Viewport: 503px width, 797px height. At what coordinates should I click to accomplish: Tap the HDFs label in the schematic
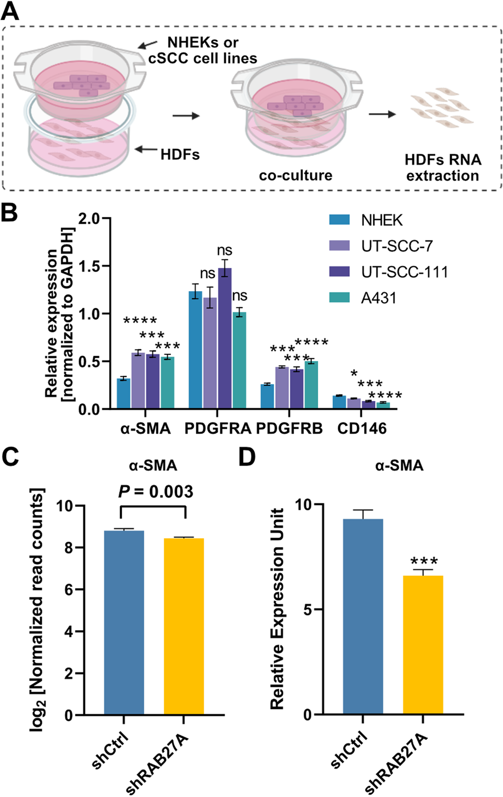point(180,155)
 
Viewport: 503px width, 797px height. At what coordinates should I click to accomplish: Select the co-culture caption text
point(295,175)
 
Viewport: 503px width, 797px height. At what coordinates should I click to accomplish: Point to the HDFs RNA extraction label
point(443,167)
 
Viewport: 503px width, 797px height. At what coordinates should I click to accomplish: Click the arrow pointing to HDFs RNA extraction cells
point(382,114)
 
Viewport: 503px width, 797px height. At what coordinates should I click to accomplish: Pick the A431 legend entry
point(379,298)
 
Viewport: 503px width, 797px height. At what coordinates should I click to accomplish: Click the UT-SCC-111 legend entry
point(405,272)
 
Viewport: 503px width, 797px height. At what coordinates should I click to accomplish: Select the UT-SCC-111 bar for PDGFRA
point(224,339)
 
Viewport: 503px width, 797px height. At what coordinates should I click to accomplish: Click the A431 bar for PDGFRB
point(311,385)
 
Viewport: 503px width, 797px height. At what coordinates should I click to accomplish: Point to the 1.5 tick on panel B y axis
point(91,266)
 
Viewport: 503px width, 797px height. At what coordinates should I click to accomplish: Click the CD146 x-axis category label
point(362,428)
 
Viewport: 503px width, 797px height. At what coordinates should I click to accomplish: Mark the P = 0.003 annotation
point(156,491)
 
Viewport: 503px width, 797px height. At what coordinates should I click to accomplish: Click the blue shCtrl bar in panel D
point(363,617)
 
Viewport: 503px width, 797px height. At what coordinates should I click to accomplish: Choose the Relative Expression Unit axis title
point(277,609)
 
